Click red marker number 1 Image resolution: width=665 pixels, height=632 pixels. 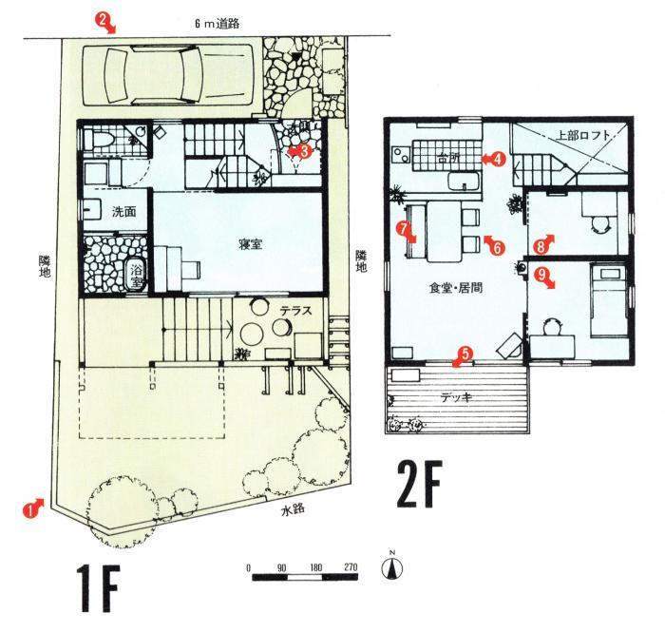33,508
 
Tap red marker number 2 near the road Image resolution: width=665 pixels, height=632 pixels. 105,23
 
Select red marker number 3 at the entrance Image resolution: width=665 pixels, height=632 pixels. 301,151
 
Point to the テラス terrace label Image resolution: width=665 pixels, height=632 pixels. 295,311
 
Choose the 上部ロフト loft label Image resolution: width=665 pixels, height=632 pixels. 583,136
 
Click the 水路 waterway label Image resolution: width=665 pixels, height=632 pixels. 293,509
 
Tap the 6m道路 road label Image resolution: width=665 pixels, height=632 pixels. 217,24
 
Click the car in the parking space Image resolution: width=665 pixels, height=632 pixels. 167,75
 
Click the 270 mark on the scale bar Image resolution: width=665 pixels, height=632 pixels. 351,567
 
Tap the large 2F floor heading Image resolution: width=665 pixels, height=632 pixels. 420,485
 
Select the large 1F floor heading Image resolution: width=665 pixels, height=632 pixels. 98,588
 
